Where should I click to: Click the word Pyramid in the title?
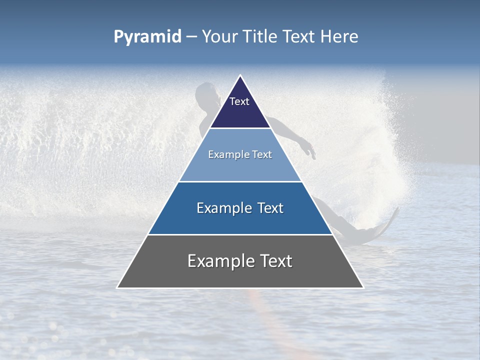tap(147, 37)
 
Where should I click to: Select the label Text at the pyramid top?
tap(239, 101)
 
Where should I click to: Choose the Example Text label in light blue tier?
tap(240, 154)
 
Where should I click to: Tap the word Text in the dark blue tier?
tap(267, 208)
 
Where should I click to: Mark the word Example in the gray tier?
tap(218, 261)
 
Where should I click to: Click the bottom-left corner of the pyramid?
tap(117, 287)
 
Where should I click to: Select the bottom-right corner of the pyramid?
tap(363, 287)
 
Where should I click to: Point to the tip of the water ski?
tap(397, 209)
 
